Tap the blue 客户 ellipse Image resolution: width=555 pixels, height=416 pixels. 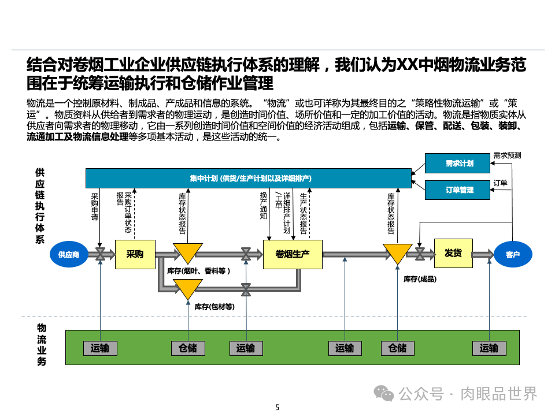513,254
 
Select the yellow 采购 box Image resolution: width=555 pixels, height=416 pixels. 135,254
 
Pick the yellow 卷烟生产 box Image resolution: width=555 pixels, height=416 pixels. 293,254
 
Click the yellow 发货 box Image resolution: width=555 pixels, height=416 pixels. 453,253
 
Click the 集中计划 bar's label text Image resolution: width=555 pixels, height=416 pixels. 251,179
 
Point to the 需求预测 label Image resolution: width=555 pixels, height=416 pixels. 507,155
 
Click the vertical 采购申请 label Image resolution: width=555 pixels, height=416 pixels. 95,207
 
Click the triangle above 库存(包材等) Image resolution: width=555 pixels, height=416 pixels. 188,289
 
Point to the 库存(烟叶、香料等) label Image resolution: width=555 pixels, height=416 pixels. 198,270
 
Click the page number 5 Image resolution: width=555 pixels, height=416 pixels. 277,407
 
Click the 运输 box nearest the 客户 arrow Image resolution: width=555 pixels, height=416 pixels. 489,348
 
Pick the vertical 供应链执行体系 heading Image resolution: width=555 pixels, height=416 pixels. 40,206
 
